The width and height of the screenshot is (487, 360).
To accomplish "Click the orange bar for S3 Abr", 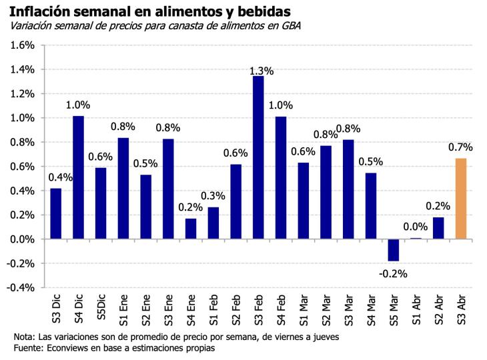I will tap(460, 199).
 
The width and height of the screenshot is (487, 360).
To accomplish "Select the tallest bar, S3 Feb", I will tap(259, 157).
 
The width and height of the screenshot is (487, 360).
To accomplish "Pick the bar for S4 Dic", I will tap(78, 177).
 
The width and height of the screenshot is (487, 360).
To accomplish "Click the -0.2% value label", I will tap(393, 273).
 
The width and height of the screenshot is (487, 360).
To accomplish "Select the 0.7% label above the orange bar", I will tap(460, 147).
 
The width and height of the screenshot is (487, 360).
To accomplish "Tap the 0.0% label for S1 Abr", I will tap(416, 227).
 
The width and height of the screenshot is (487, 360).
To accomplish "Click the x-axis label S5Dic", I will tap(101, 308).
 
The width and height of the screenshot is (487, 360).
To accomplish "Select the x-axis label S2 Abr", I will tap(438, 308).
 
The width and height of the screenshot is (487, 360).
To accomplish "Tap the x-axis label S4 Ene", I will tap(191, 308).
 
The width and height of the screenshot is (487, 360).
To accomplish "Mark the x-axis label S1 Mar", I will tap(304, 308).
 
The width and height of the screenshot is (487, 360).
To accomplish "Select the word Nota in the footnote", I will tap(24, 337).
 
